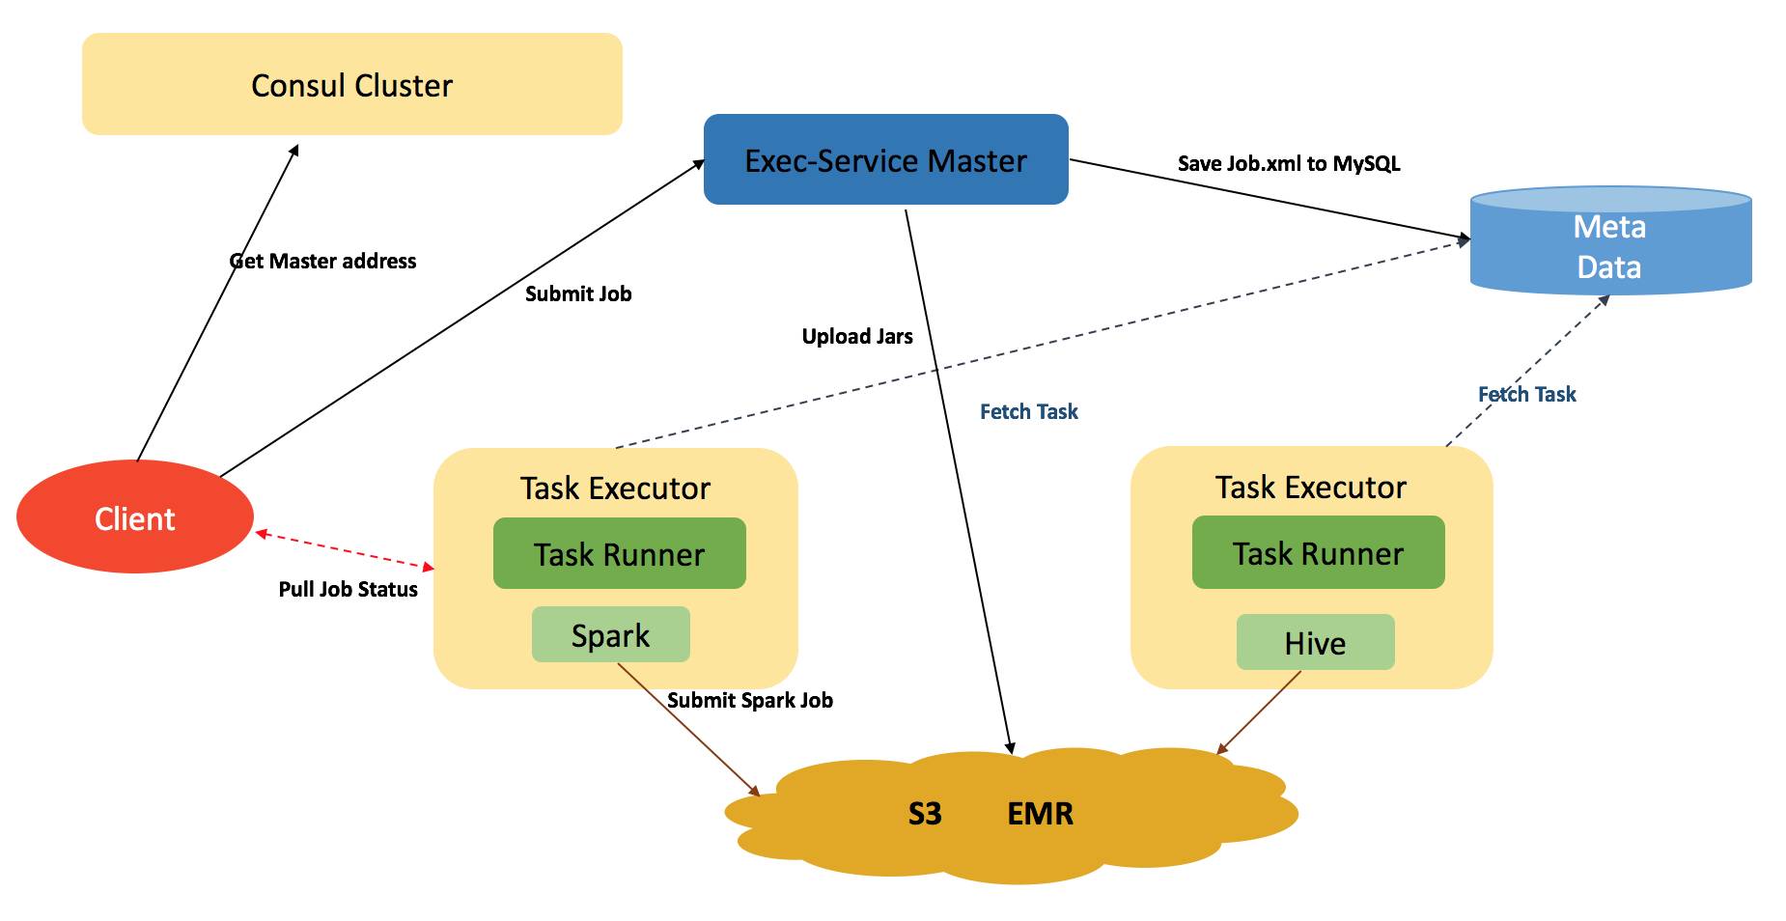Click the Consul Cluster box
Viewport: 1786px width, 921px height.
351,85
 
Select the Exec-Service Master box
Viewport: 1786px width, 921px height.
885,160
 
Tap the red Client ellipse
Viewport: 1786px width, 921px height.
135,518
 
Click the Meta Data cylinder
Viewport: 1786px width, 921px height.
1609,246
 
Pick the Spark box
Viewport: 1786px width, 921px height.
610,635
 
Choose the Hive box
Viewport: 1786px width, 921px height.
1315,643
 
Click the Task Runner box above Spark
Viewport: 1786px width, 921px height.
619,554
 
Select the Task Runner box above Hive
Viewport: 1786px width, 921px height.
1318,553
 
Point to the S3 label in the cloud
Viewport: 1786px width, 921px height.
924,814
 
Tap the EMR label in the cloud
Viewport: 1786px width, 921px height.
1040,814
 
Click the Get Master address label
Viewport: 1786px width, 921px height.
322,261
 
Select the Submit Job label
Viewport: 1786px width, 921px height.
577,293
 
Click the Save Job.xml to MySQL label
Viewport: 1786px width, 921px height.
1288,163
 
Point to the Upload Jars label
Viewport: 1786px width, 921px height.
857,336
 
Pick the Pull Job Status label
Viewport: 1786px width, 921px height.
348,589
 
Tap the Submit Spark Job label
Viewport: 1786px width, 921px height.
749,700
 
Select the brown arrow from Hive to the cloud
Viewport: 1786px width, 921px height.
1259,712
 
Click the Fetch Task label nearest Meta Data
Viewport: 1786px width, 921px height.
1526,394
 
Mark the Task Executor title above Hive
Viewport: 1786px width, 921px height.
1310,488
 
